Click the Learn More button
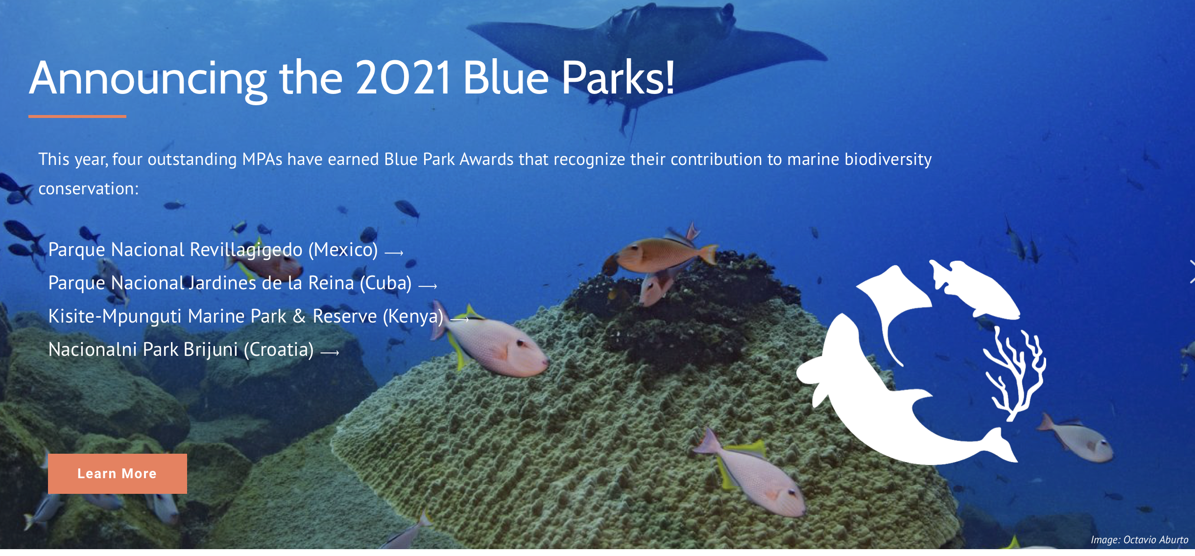click(118, 473)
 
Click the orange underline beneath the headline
click(77, 116)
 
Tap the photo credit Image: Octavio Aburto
click(1139, 539)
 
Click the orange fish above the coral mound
click(661, 255)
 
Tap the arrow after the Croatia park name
click(330, 352)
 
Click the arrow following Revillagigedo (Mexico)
click(394, 253)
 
